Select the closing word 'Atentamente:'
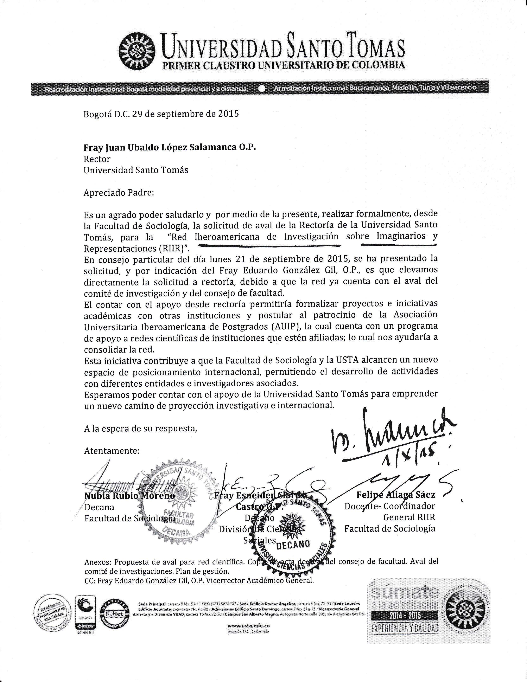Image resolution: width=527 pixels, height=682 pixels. tap(112, 451)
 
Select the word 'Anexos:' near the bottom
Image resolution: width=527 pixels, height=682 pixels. tap(97, 562)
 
